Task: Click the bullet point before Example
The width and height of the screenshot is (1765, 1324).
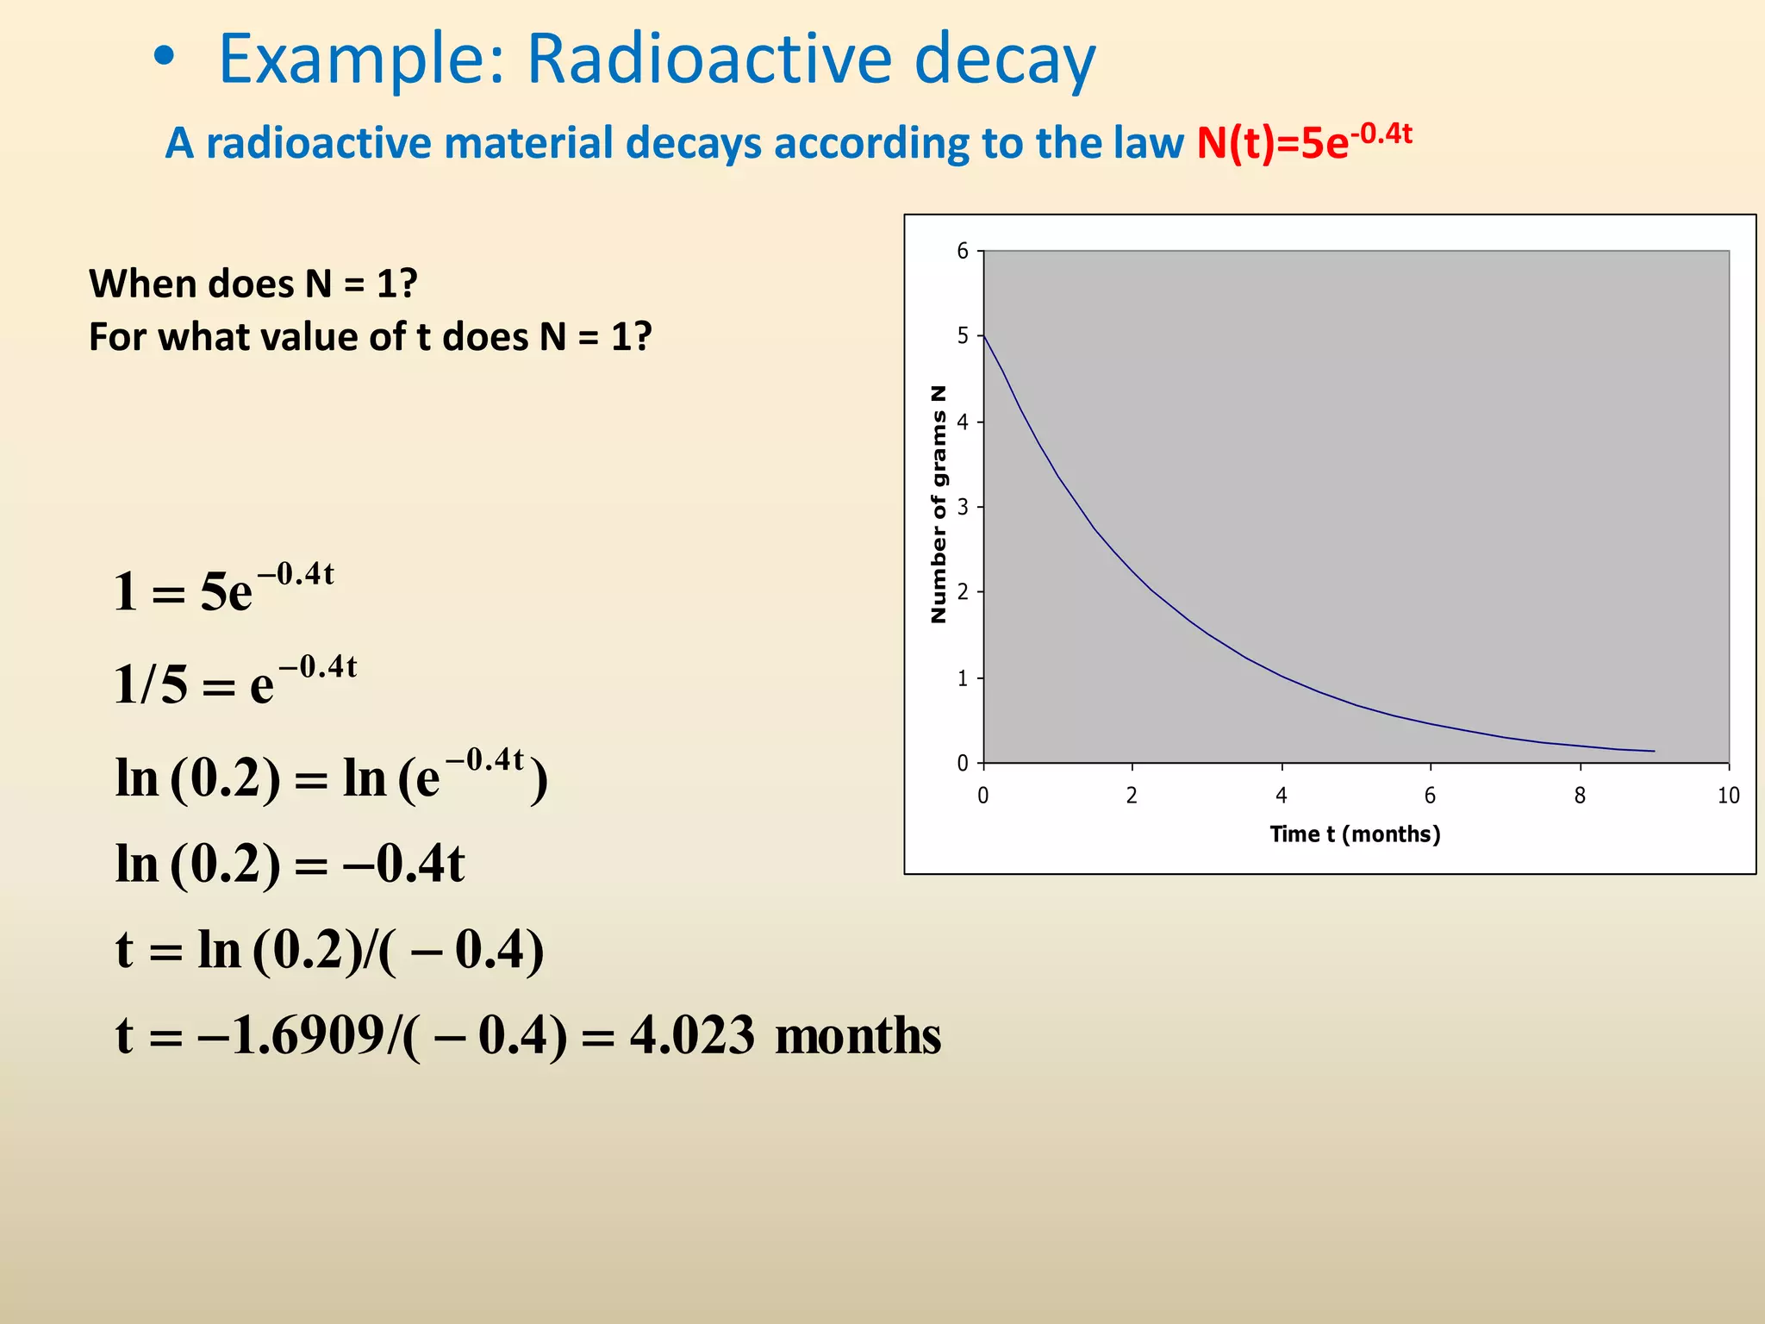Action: [x=164, y=58]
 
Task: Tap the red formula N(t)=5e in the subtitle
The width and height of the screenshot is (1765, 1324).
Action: [x=1271, y=143]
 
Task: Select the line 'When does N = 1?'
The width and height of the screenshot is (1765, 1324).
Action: [x=253, y=284]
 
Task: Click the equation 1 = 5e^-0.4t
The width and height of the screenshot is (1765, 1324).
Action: [x=223, y=590]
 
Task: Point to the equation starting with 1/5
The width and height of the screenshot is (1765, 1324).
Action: [x=234, y=683]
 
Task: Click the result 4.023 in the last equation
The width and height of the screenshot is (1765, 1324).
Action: [x=692, y=1035]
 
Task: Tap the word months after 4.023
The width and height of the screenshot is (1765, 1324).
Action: [x=858, y=1035]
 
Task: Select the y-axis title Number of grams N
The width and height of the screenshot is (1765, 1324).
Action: [x=939, y=504]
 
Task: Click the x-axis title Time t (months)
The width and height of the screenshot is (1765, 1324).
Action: [x=1355, y=834]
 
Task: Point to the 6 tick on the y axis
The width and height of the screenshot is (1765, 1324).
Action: [x=964, y=251]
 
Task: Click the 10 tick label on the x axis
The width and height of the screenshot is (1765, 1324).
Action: [x=1728, y=796]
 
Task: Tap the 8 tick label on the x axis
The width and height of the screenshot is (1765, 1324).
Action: [x=1580, y=796]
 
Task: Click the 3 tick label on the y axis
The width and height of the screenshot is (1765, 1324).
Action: [x=964, y=507]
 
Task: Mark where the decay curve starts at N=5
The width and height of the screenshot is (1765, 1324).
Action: [x=984, y=335]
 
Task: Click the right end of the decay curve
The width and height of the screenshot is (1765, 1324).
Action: [x=1653, y=751]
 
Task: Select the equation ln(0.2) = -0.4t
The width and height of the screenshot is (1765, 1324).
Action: [x=290, y=863]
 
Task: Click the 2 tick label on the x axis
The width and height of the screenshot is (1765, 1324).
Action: [x=1132, y=796]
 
